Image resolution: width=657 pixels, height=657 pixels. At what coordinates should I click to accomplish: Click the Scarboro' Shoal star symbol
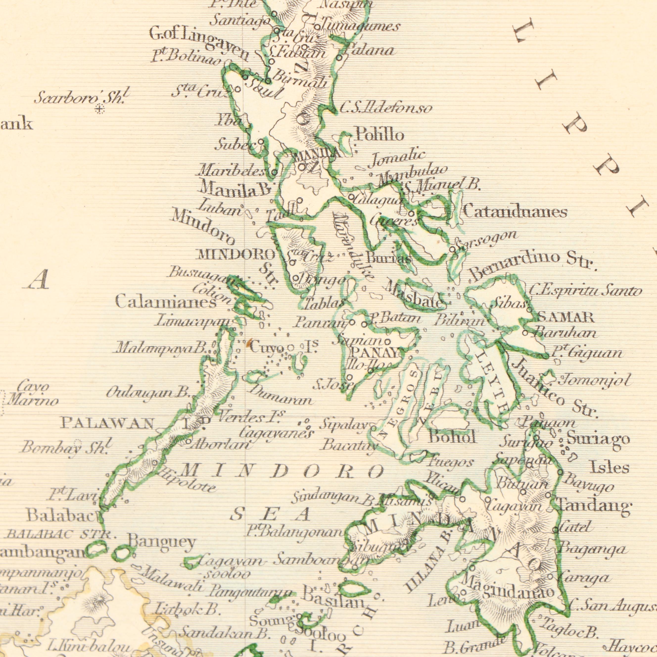pyautogui.click(x=99, y=109)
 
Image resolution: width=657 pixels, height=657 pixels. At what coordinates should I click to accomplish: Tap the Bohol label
pyautogui.click(x=452, y=437)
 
